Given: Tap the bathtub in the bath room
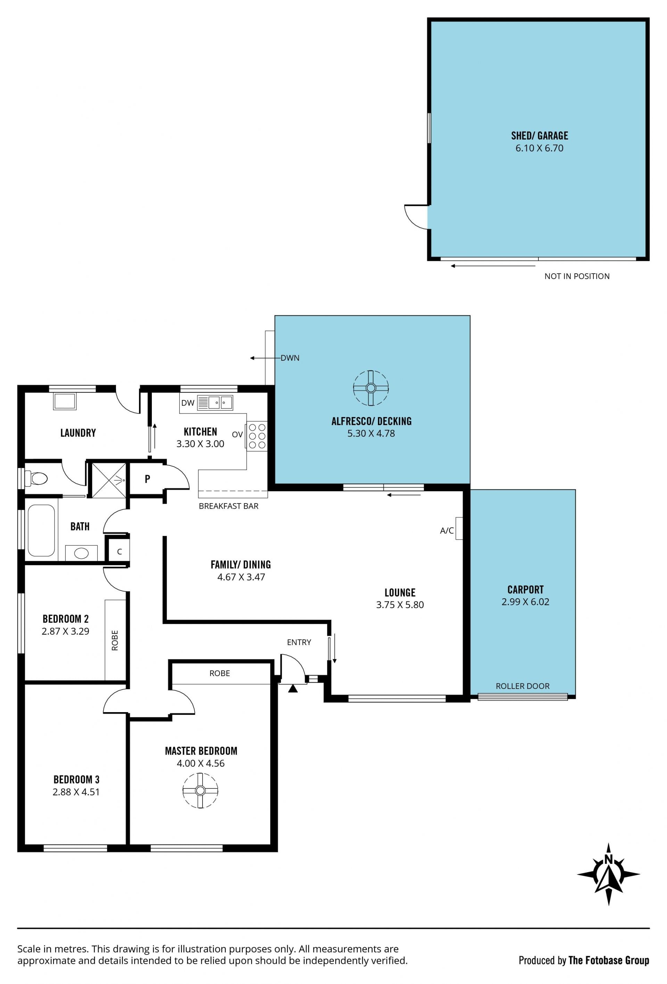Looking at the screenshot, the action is point(41,530).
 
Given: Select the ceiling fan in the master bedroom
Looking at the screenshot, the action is point(200,791).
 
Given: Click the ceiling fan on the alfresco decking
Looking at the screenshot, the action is point(371,388).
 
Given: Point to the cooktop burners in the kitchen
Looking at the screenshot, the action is point(257,436).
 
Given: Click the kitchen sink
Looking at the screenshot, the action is point(215,403).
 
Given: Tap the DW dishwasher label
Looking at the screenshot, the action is point(188,403).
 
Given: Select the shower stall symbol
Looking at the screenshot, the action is point(109,481).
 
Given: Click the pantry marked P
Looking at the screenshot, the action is point(147,479).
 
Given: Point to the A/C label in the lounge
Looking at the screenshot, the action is point(447,531).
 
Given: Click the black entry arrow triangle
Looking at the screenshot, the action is point(293,689).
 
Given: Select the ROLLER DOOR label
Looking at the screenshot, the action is point(522,686).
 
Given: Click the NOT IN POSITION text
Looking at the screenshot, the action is point(577,276).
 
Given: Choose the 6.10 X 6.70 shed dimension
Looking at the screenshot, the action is point(539,148).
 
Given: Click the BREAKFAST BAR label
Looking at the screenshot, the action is point(228,506).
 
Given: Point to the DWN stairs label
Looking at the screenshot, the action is point(290,358).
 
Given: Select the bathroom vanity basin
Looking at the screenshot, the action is point(81,553).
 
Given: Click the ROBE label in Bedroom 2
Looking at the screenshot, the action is point(115,640).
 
